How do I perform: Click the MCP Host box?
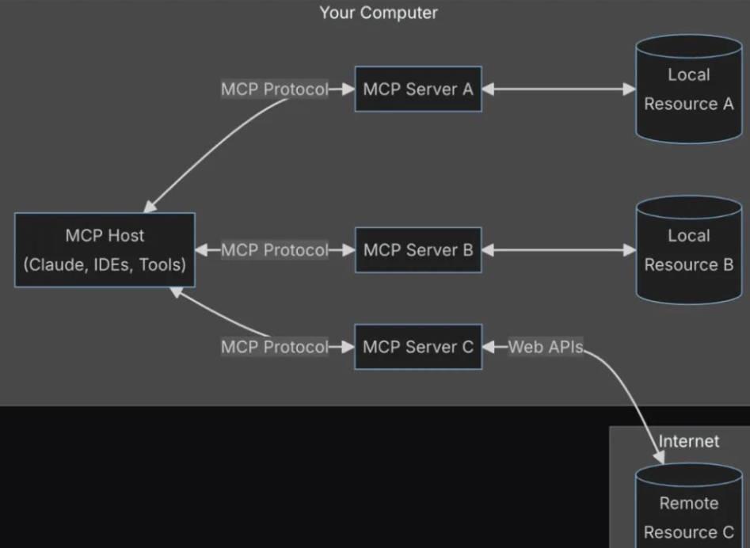(105, 249)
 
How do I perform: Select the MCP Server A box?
(417, 89)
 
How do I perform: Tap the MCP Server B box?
(417, 250)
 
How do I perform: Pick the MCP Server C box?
(417, 347)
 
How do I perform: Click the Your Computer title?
(379, 13)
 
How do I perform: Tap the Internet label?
(689, 441)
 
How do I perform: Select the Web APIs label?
(546, 347)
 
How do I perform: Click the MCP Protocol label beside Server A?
(274, 89)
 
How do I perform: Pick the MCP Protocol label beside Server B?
(274, 250)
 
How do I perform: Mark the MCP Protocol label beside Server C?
(274, 347)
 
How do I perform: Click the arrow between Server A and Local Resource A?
(558, 89)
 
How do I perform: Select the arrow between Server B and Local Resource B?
(558, 250)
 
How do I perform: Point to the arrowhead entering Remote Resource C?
(659, 457)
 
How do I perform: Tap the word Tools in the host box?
(162, 264)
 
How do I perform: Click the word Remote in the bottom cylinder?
(688, 504)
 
